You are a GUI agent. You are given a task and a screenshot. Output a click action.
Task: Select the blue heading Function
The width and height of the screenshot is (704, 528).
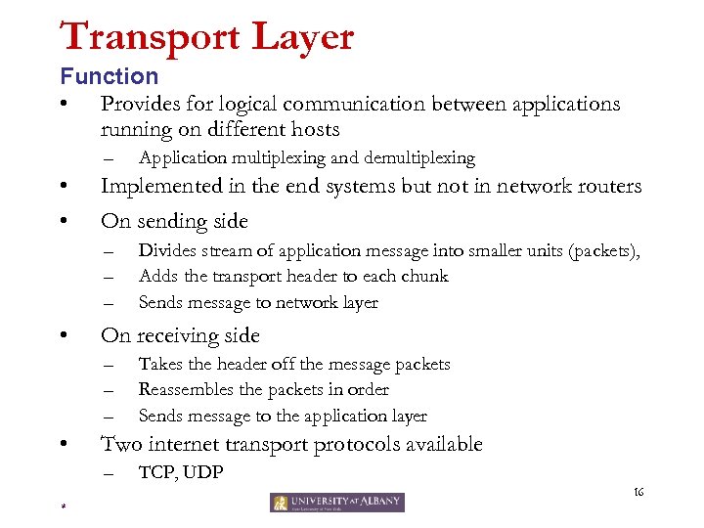pyautogui.click(x=109, y=76)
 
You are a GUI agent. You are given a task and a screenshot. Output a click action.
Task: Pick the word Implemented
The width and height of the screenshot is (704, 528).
pyautogui.click(x=167, y=187)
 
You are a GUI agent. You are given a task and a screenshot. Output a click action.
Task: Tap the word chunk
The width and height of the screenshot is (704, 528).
pyautogui.click(x=424, y=277)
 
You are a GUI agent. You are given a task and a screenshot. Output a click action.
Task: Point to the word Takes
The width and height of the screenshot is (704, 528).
pyautogui.click(x=159, y=364)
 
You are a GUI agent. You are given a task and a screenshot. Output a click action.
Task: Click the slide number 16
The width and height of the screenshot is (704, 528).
pyautogui.click(x=639, y=491)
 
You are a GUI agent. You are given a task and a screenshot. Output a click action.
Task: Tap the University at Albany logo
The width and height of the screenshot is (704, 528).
pyautogui.click(x=336, y=503)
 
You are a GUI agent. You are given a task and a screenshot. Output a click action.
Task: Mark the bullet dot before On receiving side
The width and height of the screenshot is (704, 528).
pyautogui.click(x=63, y=336)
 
